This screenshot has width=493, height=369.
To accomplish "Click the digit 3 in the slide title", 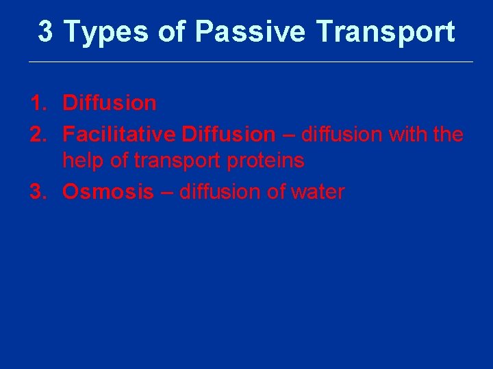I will pos(46,31).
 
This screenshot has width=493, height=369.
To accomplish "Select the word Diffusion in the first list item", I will pos(110,104).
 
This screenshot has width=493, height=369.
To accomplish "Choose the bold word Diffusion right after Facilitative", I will pos(228,135).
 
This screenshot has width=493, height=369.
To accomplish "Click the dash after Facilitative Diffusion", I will pos(288,135).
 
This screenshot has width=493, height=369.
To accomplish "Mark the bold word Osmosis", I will pos(108,192).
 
